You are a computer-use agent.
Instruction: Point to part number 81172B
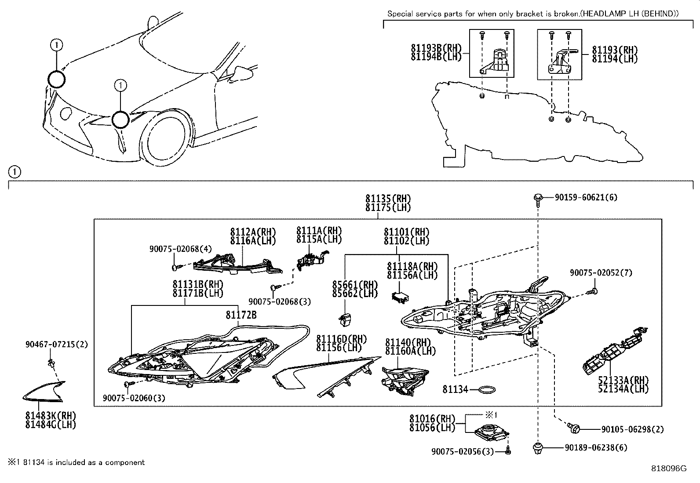[241, 315]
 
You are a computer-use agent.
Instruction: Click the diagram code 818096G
[668, 468]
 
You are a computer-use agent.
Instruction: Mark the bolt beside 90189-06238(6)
[537, 448]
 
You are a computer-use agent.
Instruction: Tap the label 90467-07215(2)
[56, 345]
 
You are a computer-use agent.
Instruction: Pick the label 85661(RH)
[355, 284]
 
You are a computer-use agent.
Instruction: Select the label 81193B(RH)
[436, 48]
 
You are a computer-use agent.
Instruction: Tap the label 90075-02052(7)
[601, 273]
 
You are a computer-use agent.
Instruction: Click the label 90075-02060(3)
[134, 398]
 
